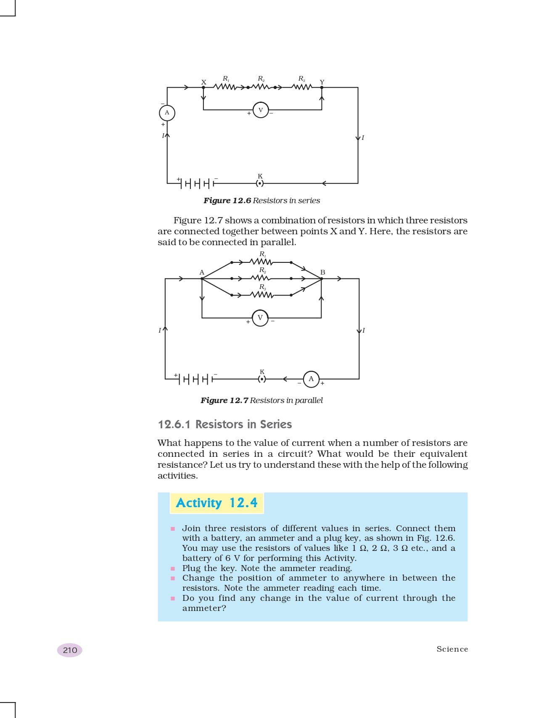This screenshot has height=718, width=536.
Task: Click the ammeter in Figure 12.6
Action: pos(167,113)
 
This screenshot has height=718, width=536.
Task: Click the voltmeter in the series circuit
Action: pos(261,110)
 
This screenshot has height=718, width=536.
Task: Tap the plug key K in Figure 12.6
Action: pos(260,183)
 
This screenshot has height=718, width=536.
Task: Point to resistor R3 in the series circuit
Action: pos(302,87)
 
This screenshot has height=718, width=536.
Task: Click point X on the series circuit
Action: pos(203,87)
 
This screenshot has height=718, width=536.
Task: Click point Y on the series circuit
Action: pos(322,87)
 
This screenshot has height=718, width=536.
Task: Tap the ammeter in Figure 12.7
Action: pos(311,379)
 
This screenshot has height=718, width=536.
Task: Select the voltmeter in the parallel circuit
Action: pos(260,318)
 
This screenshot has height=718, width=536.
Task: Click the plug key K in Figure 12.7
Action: pos(262,379)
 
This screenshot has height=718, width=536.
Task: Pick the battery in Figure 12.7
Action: pos(195,379)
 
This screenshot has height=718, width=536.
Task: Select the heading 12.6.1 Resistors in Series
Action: pos(224,425)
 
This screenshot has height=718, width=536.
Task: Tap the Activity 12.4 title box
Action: pos(217,503)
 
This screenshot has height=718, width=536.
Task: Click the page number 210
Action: pos(70,650)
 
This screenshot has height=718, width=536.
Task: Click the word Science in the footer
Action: pos(452,649)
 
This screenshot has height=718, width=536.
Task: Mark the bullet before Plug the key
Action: pos(173,569)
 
